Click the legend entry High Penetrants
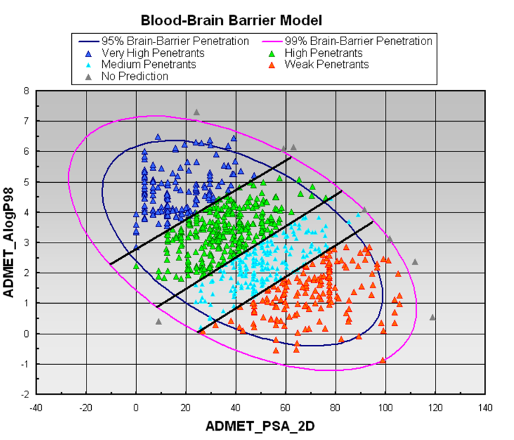(322, 53)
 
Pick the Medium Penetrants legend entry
(148, 64)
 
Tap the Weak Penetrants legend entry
(326, 64)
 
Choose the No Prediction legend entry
(134, 76)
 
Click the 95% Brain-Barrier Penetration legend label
(175, 41)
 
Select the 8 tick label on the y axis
(26, 90)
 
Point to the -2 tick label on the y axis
(24, 394)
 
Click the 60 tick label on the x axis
(285, 407)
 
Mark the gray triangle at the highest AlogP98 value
(196, 112)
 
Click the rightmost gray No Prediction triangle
(432, 317)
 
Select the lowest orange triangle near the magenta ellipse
(383, 360)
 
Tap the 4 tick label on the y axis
(26, 212)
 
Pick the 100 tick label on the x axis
(385, 407)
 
